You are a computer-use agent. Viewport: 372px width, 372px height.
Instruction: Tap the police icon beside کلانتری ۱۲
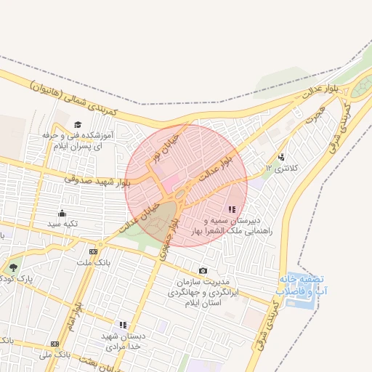pos(281,156)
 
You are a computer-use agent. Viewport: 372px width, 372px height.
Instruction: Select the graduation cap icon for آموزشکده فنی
pos(78,125)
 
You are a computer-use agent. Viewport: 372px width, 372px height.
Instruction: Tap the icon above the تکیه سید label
pos(62,213)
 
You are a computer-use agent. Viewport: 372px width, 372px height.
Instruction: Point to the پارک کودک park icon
pos(12,267)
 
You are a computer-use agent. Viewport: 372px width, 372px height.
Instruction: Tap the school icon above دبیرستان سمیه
pos(231,209)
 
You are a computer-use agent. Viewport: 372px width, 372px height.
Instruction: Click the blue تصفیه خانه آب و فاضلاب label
pos(300,285)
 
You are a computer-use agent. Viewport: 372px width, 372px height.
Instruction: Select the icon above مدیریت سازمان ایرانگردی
pos(203,271)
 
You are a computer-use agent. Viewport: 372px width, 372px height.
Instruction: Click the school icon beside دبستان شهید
pos(123,325)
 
